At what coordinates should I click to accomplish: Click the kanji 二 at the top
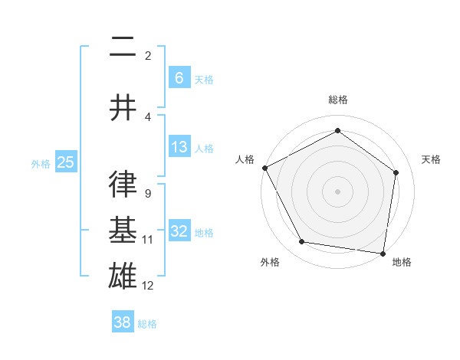pyautogui.click(x=123, y=47)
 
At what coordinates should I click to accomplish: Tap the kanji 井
pyautogui.click(x=123, y=107)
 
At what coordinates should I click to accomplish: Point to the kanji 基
pyautogui.click(x=123, y=231)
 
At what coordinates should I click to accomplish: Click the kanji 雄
pyautogui.click(x=123, y=277)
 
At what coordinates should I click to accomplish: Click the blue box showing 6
pyautogui.click(x=179, y=77)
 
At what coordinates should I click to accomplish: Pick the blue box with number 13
pyautogui.click(x=179, y=147)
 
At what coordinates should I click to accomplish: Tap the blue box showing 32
pyautogui.click(x=179, y=231)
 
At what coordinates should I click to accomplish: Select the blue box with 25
pyautogui.click(x=65, y=162)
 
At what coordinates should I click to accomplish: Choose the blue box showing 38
pyautogui.click(x=122, y=322)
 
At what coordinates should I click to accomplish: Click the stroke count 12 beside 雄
pyautogui.click(x=148, y=286)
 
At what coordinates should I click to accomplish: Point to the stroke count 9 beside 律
pyautogui.click(x=147, y=194)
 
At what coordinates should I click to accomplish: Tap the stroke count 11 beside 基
pyautogui.click(x=148, y=240)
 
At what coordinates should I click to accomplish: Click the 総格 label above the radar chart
pyautogui.click(x=337, y=100)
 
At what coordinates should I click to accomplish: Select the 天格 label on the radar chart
pyautogui.click(x=431, y=159)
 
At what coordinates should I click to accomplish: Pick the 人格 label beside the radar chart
pyautogui.click(x=245, y=159)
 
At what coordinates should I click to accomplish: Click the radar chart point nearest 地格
pyautogui.click(x=383, y=253)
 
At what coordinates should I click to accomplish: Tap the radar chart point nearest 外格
pyautogui.click(x=302, y=242)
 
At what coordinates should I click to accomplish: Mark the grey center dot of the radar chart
pyautogui.click(x=337, y=191)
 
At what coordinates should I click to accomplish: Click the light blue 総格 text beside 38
pyautogui.click(x=147, y=323)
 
